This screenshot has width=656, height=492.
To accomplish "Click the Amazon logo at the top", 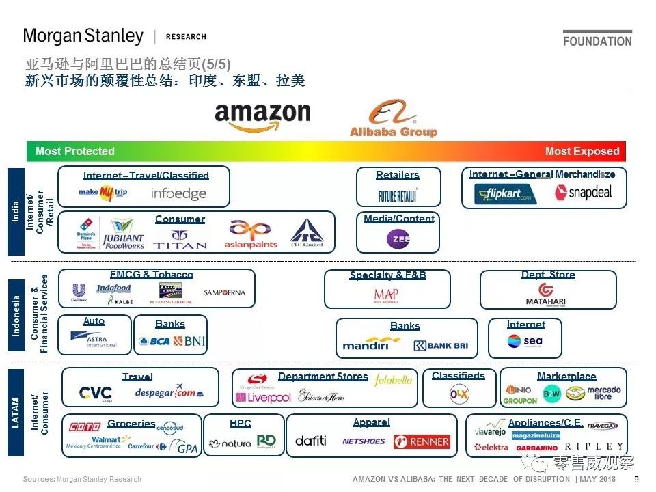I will tap(262, 117).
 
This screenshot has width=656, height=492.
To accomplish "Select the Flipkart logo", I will tap(505, 194).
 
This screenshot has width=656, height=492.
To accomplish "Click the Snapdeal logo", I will tap(583, 193).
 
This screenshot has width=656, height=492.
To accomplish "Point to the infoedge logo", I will tap(178, 193).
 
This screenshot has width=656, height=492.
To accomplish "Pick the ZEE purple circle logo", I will tap(398, 238).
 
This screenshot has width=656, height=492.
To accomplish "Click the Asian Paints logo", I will tap(250, 234).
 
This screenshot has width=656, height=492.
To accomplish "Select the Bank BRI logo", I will tap(441, 345).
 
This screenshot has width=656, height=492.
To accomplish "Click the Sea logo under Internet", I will tap(525, 341).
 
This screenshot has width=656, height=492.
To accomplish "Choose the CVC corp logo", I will tap(96, 394).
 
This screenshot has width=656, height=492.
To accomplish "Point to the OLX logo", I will tap(459, 394).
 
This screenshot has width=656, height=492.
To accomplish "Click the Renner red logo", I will tap(422, 441).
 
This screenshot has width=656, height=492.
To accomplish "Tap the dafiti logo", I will tap(311, 441).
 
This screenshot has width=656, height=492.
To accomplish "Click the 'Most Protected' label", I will tap(74, 152).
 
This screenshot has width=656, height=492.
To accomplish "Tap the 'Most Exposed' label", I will tap(582, 152).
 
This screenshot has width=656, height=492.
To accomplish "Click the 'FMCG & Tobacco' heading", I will tap(152, 275).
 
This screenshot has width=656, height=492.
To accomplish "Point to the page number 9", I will tap(637, 480).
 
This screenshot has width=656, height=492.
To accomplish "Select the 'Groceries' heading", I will tap(131, 424).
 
